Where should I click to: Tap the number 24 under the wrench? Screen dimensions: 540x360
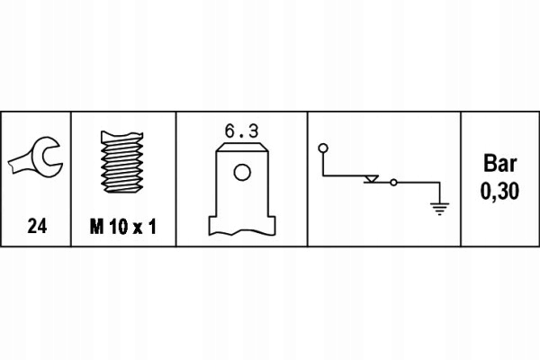(37, 228)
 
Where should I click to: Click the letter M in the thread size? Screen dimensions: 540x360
(96, 228)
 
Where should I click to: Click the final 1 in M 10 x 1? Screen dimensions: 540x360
(154, 228)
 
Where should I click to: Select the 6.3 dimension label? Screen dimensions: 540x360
(241, 130)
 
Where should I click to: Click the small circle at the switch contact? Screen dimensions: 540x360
(392, 183)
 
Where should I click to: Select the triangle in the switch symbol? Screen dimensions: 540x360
(370, 180)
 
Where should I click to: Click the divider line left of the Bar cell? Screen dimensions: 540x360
(461, 179)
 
